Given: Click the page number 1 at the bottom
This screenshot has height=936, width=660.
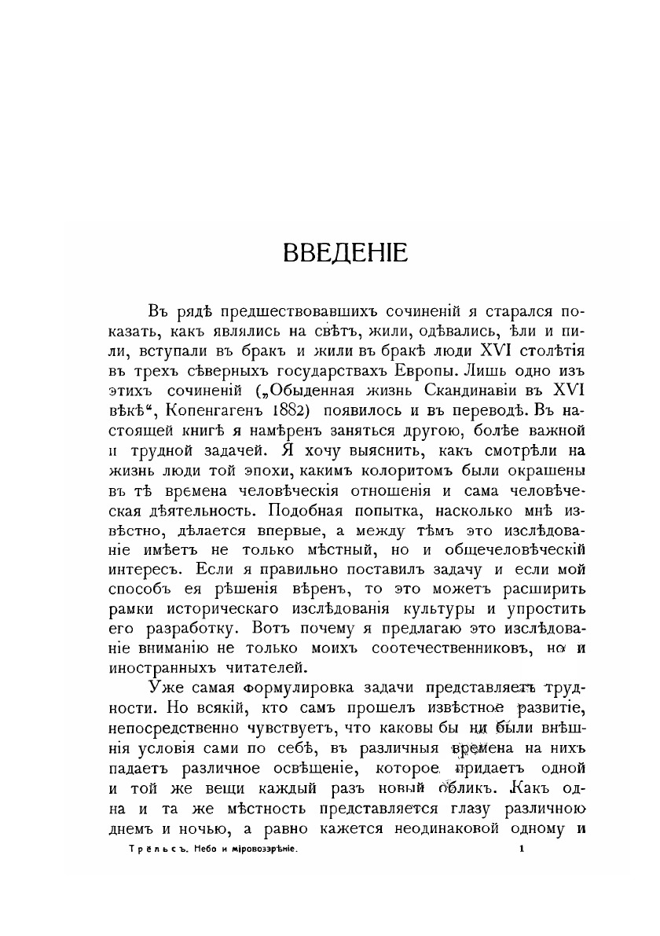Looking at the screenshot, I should [x=522, y=849].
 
